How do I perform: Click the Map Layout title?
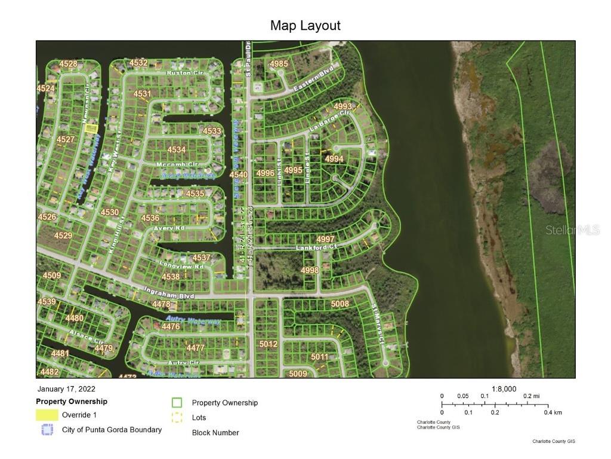pos(305,26)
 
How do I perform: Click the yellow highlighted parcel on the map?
pos(90,128)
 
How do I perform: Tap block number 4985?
pos(279,64)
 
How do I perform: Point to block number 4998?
pos(310,270)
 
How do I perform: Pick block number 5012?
pos(269,344)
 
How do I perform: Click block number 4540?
pos(238,175)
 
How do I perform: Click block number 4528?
pos(68,64)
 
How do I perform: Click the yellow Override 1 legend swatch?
pos(47,415)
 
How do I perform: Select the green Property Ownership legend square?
pos(177,403)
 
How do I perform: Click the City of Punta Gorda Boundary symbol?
pos(47,430)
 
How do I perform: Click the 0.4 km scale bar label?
pos(553,412)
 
